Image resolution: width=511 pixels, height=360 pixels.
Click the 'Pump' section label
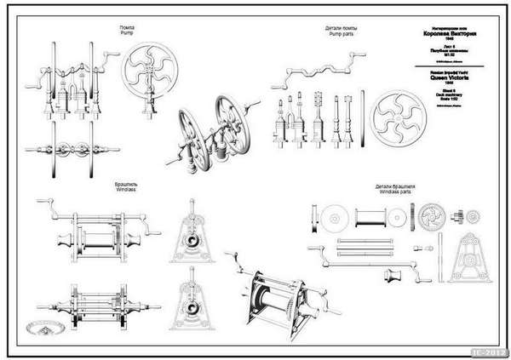pos(126,33)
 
